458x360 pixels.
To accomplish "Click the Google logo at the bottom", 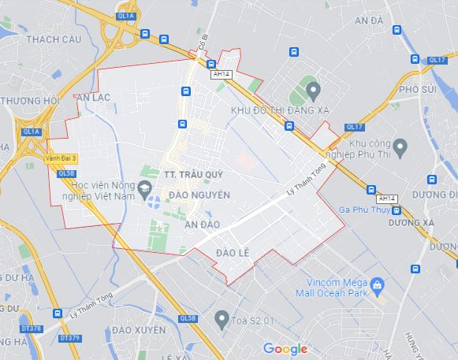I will (x=285, y=348).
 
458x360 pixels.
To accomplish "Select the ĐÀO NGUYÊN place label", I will (x=199, y=194).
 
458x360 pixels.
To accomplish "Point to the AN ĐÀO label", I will (x=203, y=225).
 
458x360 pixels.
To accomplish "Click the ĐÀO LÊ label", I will (x=233, y=252).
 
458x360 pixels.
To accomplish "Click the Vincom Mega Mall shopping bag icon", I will (x=377, y=284).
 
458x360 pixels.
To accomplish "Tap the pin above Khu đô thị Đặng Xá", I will (x=313, y=89).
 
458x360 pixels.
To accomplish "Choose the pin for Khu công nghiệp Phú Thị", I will (x=400, y=146).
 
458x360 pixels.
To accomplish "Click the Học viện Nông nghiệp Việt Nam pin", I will (x=144, y=187).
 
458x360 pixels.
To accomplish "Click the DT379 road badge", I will (x=70, y=339).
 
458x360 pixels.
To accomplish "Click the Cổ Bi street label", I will (x=202, y=61).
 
